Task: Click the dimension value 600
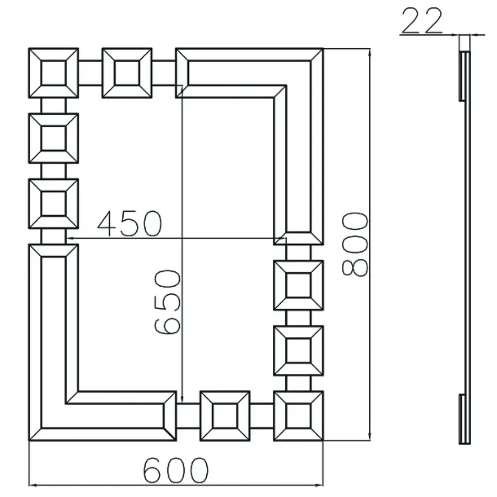[176, 470]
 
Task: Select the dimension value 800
[355, 245]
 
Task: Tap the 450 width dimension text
[130, 224]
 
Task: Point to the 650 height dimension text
[167, 302]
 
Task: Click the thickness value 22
[422, 20]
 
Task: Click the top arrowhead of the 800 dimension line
[370, 54]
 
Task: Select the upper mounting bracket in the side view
[462, 76]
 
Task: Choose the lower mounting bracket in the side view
[462, 419]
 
